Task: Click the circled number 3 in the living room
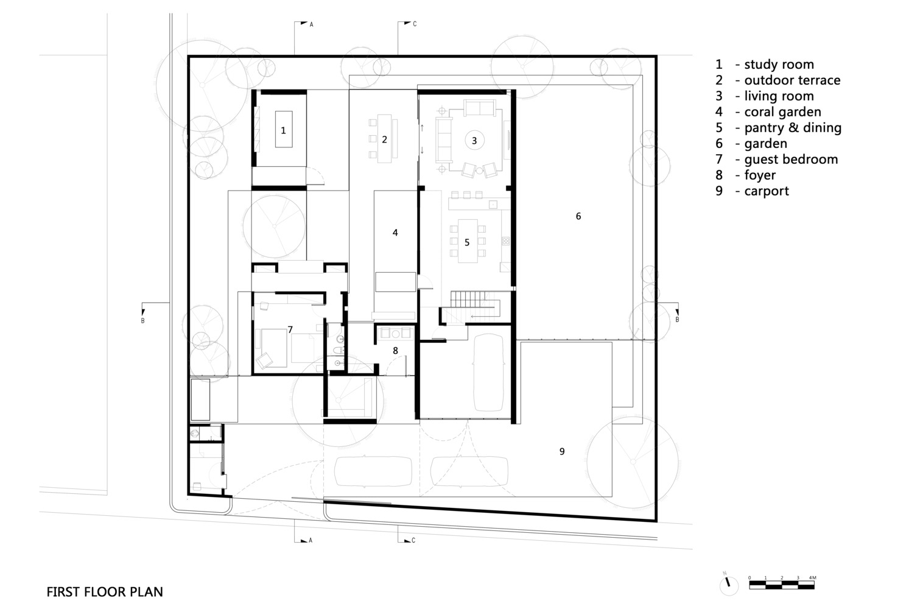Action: pos(474,140)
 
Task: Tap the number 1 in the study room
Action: pos(283,130)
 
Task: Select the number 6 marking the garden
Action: pos(578,216)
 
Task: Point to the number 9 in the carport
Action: pos(562,451)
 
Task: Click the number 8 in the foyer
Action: pos(395,351)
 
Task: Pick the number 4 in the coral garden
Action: pos(395,233)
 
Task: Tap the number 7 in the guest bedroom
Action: pos(290,330)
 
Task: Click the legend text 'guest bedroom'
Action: pos(790,160)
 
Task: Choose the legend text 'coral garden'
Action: pos(782,112)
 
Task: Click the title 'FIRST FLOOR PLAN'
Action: pos(105,592)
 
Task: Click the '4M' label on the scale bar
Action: pos(812,577)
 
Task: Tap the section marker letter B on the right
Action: pos(676,320)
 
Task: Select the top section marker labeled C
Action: pos(415,24)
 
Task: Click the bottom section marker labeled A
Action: pos(310,540)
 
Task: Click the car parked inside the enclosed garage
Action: pos(487,373)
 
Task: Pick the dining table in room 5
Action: pos(467,241)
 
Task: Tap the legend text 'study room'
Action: pos(778,65)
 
